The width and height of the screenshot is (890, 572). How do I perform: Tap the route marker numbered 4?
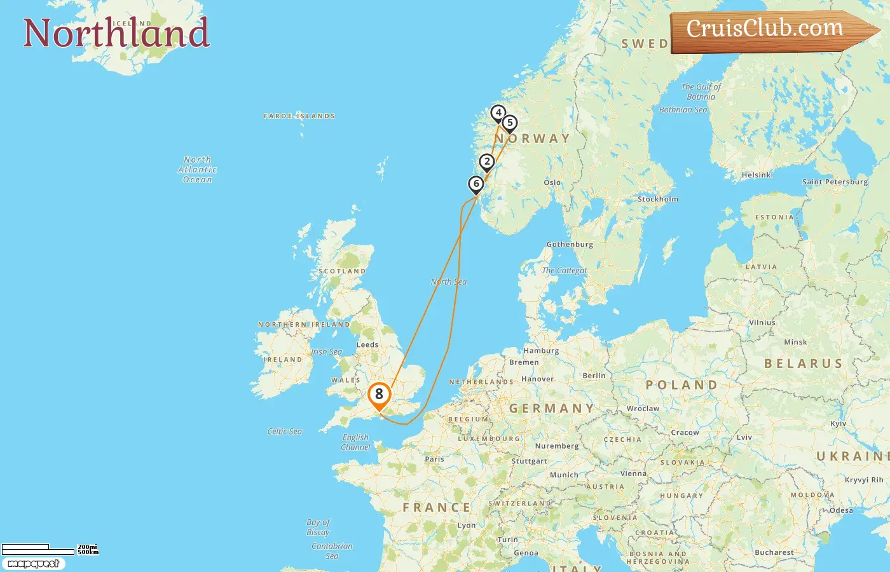(498, 113)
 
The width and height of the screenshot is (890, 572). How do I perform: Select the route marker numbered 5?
(509, 123)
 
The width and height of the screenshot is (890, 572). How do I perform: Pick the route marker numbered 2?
(487, 162)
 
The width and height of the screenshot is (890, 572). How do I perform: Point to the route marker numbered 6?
(476, 184)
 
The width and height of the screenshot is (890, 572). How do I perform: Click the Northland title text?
(116, 33)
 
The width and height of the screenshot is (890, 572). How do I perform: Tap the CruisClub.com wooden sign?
(769, 30)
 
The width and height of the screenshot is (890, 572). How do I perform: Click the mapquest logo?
(33, 564)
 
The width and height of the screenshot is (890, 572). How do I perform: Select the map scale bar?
(38, 550)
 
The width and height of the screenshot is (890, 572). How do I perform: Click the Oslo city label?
(552, 182)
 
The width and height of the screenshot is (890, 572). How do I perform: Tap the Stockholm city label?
(657, 199)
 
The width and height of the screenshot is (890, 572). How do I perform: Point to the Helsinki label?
(757, 175)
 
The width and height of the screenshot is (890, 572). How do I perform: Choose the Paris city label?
(434, 459)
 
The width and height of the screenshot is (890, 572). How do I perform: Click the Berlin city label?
(594, 376)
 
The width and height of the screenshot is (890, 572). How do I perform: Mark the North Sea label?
(449, 282)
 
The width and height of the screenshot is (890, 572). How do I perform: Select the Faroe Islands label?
(299, 116)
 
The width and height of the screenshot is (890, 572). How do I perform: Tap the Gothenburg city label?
(570, 244)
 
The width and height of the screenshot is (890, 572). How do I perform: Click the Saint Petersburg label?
(835, 182)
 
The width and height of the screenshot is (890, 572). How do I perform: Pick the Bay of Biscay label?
(318, 528)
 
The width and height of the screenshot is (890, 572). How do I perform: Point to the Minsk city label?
(795, 342)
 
